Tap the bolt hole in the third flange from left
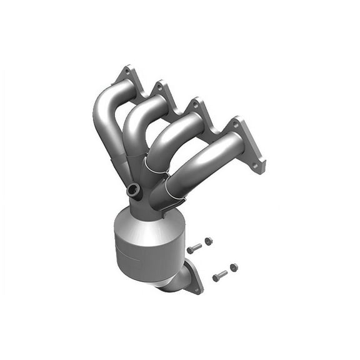196,105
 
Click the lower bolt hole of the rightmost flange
256,166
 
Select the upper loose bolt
194,248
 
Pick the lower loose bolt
219,275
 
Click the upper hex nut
208,241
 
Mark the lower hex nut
234,267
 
